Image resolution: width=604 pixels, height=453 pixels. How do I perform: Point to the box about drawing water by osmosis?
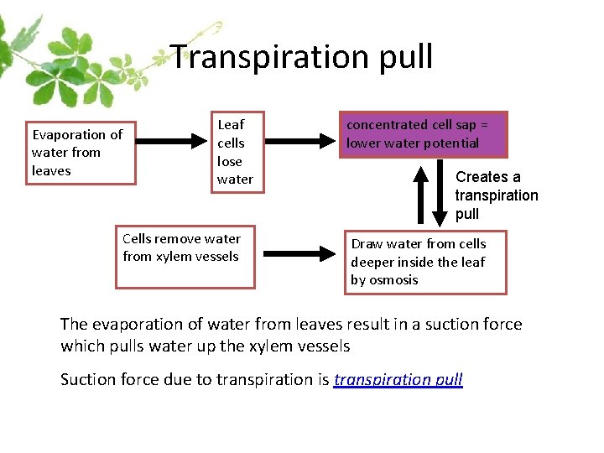coord(425,262)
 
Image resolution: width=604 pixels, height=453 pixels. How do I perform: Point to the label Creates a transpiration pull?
coord(497,195)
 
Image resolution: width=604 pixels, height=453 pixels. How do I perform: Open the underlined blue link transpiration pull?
coord(398,379)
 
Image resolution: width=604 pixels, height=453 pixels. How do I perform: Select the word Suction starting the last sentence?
coord(88,379)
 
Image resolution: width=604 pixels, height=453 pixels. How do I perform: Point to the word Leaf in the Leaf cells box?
coord(231,125)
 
